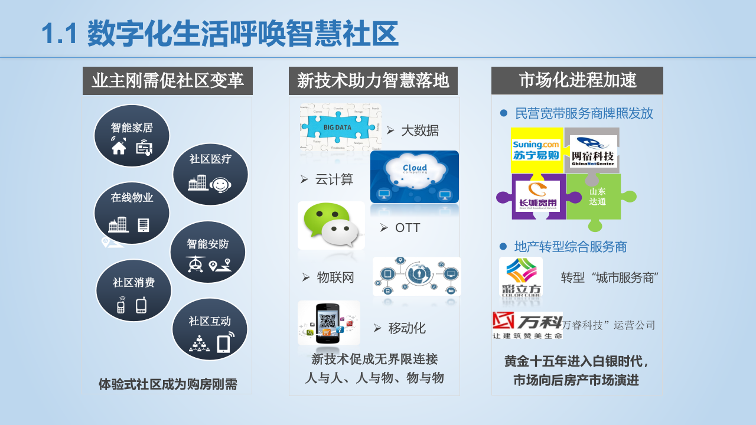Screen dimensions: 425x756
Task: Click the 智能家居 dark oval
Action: tap(132, 136)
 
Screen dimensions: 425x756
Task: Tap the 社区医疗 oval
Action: tap(210, 174)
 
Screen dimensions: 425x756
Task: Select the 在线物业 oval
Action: tap(132, 213)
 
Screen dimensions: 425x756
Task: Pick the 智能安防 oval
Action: tap(208, 252)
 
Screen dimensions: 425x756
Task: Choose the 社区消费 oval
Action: tap(133, 290)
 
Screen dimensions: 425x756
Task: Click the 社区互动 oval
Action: tap(210, 329)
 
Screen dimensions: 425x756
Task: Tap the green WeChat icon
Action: tap(331, 225)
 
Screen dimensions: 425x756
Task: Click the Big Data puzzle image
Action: tap(341, 127)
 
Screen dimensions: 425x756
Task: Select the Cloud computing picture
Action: tap(415, 177)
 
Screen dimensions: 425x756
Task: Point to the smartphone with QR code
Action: tap(329, 323)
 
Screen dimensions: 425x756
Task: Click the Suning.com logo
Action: tap(536, 150)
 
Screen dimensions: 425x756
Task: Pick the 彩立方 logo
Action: tap(521, 277)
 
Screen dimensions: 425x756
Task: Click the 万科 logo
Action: tap(527, 325)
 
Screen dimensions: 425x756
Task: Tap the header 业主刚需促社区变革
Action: tap(168, 81)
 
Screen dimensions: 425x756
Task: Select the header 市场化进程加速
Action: tap(577, 81)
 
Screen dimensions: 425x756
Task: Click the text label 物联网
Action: tap(335, 277)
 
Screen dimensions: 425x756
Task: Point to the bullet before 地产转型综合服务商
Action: tap(503, 246)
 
